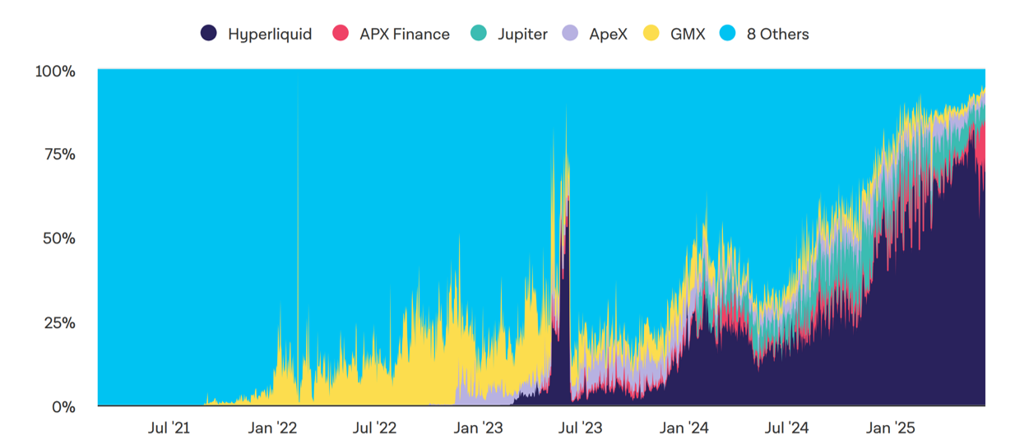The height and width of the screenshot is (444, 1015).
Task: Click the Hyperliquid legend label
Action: point(269,35)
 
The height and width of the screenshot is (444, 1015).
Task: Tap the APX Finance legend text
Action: point(404,35)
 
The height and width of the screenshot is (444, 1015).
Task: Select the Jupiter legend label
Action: point(522,35)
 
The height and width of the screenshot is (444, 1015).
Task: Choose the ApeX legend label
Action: point(608,35)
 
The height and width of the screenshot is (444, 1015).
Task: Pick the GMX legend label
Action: point(688,35)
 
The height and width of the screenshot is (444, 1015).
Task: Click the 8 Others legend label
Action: point(777,35)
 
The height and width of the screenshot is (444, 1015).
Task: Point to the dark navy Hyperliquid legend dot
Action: point(209,34)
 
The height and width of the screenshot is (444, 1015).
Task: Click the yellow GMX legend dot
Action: point(652,34)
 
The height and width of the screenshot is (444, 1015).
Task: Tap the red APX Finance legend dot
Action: point(341,34)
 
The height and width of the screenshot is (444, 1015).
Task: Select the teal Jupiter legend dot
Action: point(479,34)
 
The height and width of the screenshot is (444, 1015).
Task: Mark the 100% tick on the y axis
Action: point(55,72)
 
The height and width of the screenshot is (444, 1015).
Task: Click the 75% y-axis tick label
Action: point(58,155)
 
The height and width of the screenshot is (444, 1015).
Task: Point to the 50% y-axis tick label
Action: point(58,238)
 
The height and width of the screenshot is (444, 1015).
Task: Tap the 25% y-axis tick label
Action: point(58,322)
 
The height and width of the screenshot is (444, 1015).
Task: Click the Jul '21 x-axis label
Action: point(169,428)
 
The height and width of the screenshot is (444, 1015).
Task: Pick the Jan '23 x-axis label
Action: point(478,428)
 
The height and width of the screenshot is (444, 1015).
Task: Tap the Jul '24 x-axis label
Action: point(786,428)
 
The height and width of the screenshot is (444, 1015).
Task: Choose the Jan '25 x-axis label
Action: point(889,428)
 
